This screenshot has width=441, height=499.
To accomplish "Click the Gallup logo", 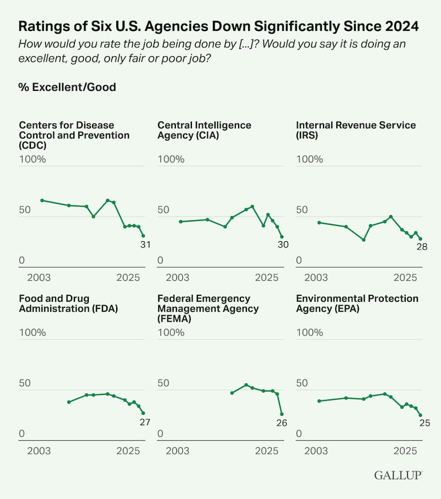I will point(398,475).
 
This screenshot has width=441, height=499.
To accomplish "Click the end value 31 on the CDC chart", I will point(145,245).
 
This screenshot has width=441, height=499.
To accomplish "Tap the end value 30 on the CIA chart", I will point(283,245).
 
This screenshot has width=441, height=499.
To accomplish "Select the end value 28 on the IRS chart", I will point(422,248).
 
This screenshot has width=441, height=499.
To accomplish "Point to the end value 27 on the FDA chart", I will point(144,422).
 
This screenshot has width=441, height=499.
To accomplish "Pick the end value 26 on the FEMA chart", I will point(283,423).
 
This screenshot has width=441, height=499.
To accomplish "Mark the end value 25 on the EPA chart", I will point(423,424).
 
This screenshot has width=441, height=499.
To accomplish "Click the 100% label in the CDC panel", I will point(33,159).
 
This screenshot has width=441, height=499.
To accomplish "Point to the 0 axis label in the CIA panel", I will point(160,260).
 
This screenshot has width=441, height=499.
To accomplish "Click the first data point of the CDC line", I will point(42,200).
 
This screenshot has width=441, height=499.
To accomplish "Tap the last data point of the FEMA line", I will point(282,414).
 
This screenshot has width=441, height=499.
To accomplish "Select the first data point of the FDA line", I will point(68,402).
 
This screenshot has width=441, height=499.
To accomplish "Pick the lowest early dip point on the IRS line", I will point(363,240).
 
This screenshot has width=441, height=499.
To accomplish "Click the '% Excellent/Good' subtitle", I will point(67,87).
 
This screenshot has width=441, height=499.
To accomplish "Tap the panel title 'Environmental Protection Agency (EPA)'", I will point(357,303).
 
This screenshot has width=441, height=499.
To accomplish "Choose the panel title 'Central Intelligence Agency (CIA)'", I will point(204,130).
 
